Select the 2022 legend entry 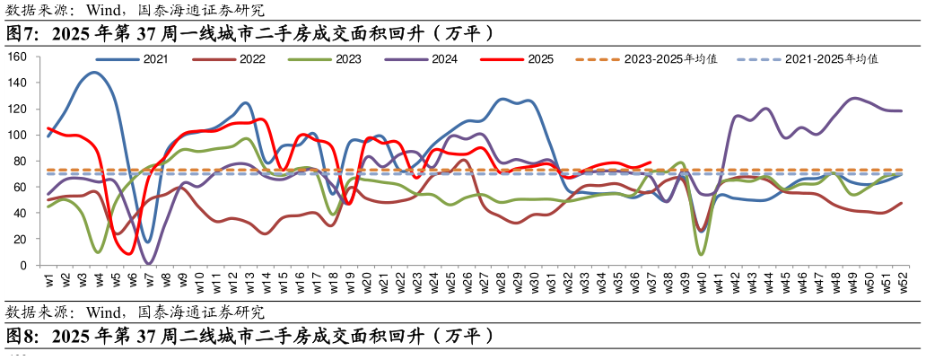(252, 59)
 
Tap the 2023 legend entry (348, 59)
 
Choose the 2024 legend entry (444, 59)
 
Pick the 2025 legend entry (540, 59)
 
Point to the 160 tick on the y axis (19, 57)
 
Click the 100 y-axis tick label (19, 135)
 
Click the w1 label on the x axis (48, 279)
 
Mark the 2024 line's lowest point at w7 (149, 264)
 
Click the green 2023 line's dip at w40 (700, 254)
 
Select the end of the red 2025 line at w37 (651, 162)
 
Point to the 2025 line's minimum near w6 (131, 254)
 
